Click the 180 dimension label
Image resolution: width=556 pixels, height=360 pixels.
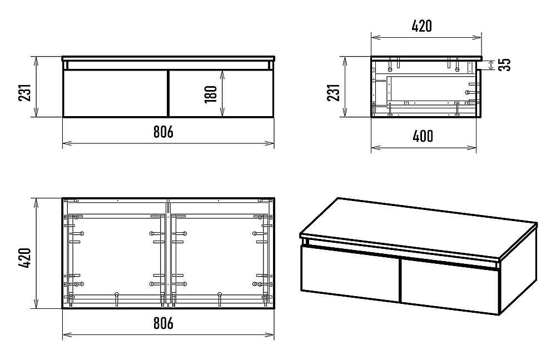pyautogui.click(x=211, y=94)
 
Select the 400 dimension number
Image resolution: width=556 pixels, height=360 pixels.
pyautogui.click(x=423, y=136)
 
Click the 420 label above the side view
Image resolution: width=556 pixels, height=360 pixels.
pyautogui.click(x=421, y=26)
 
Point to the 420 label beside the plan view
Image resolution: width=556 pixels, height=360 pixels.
pyautogui.click(x=25, y=258)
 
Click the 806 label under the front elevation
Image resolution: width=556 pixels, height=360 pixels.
pyautogui.click(x=163, y=132)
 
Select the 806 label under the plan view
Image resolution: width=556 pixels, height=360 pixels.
pyautogui.click(x=163, y=323)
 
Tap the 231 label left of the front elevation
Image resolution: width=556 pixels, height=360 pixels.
pyautogui.click(x=25, y=92)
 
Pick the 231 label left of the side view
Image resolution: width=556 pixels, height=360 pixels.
pyautogui.click(x=333, y=92)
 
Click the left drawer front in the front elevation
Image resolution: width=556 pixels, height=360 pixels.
pyautogui.click(x=115, y=93)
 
